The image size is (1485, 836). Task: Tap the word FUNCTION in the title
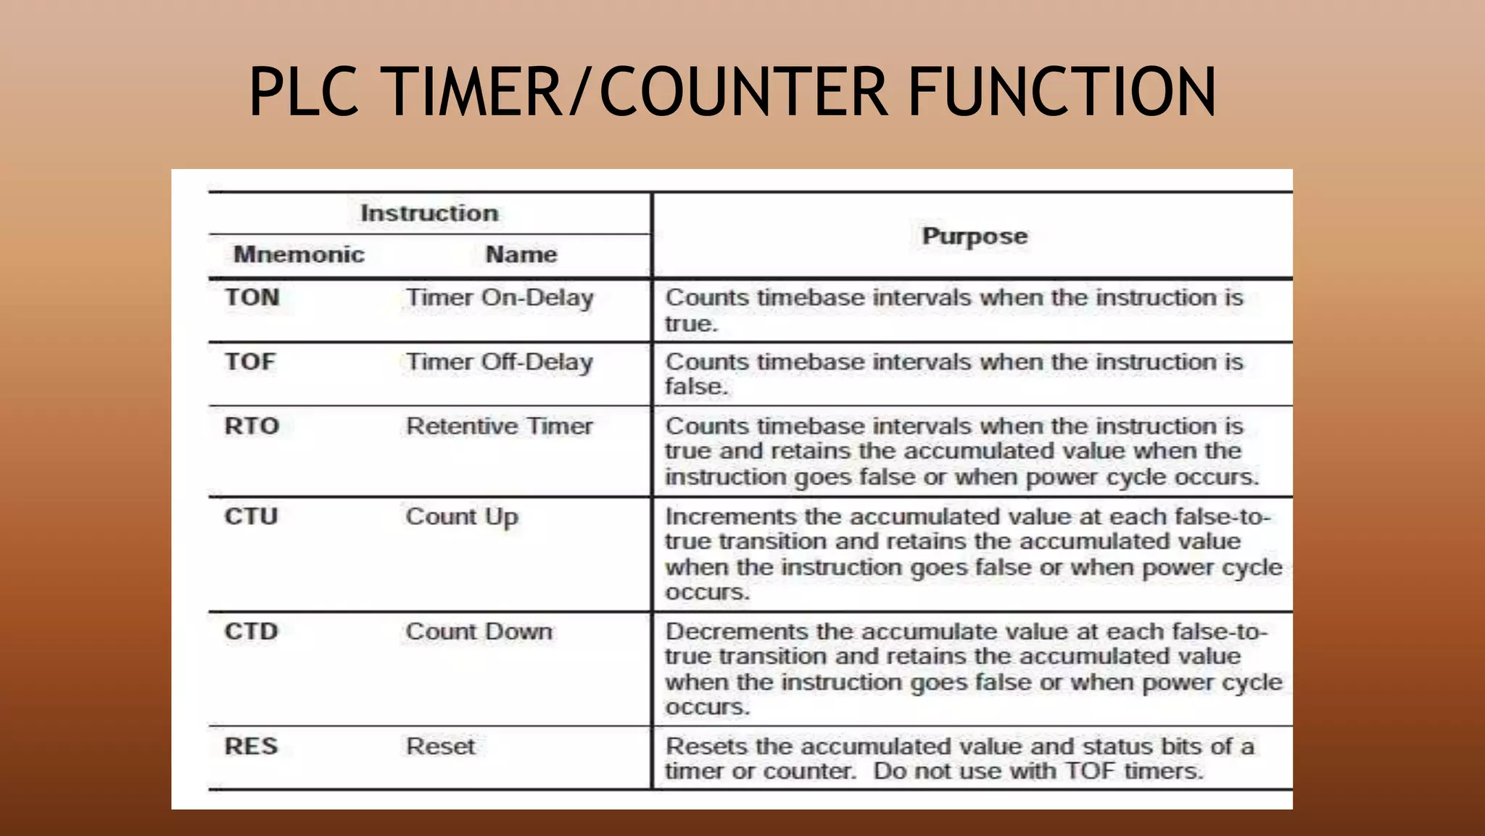pyautogui.click(x=1062, y=91)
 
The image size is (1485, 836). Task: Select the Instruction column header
pyautogui.click(x=429, y=213)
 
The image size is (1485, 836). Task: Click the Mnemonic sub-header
pyautogui.click(x=299, y=254)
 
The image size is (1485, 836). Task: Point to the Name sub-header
pyautogui.click(x=521, y=254)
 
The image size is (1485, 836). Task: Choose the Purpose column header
pyautogui.click(x=975, y=236)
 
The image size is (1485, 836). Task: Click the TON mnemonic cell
pyautogui.click(x=252, y=297)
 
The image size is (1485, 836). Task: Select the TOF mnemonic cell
pyautogui.click(x=250, y=361)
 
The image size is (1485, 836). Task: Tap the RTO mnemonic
pyautogui.click(x=252, y=426)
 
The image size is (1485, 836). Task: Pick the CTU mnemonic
pyautogui.click(x=251, y=516)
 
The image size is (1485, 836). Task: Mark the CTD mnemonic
pyautogui.click(x=251, y=631)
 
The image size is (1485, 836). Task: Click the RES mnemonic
pyautogui.click(x=251, y=746)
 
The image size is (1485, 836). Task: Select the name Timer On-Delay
pyautogui.click(x=500, y=298)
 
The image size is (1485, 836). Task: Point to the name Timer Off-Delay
pyautogui.click(x=500, y=362)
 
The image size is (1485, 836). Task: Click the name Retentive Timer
pyautogui.click(x=500, y=426)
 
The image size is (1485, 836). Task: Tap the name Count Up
pyautogui.click(x=462, y=517)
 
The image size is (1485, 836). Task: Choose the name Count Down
pyautogui.click(x=479, y=632)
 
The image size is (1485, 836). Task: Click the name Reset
pyautogui.click(x=440, y=746)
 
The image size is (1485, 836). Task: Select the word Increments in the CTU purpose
pyautogui.click(x=731, y=517)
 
